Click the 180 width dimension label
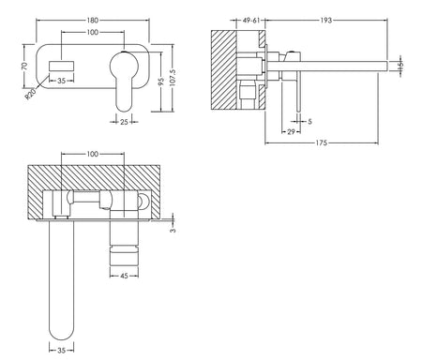tap(93, 21)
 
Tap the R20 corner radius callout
tap(31, 94)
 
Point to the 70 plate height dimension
tap(24, 66)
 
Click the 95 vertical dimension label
tap(161, 82)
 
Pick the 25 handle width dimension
tap(124, 122)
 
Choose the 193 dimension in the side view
tap(325, 21)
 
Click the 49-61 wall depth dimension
tap(251, 21)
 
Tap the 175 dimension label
tap(322, 142)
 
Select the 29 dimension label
tap(291, 132)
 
